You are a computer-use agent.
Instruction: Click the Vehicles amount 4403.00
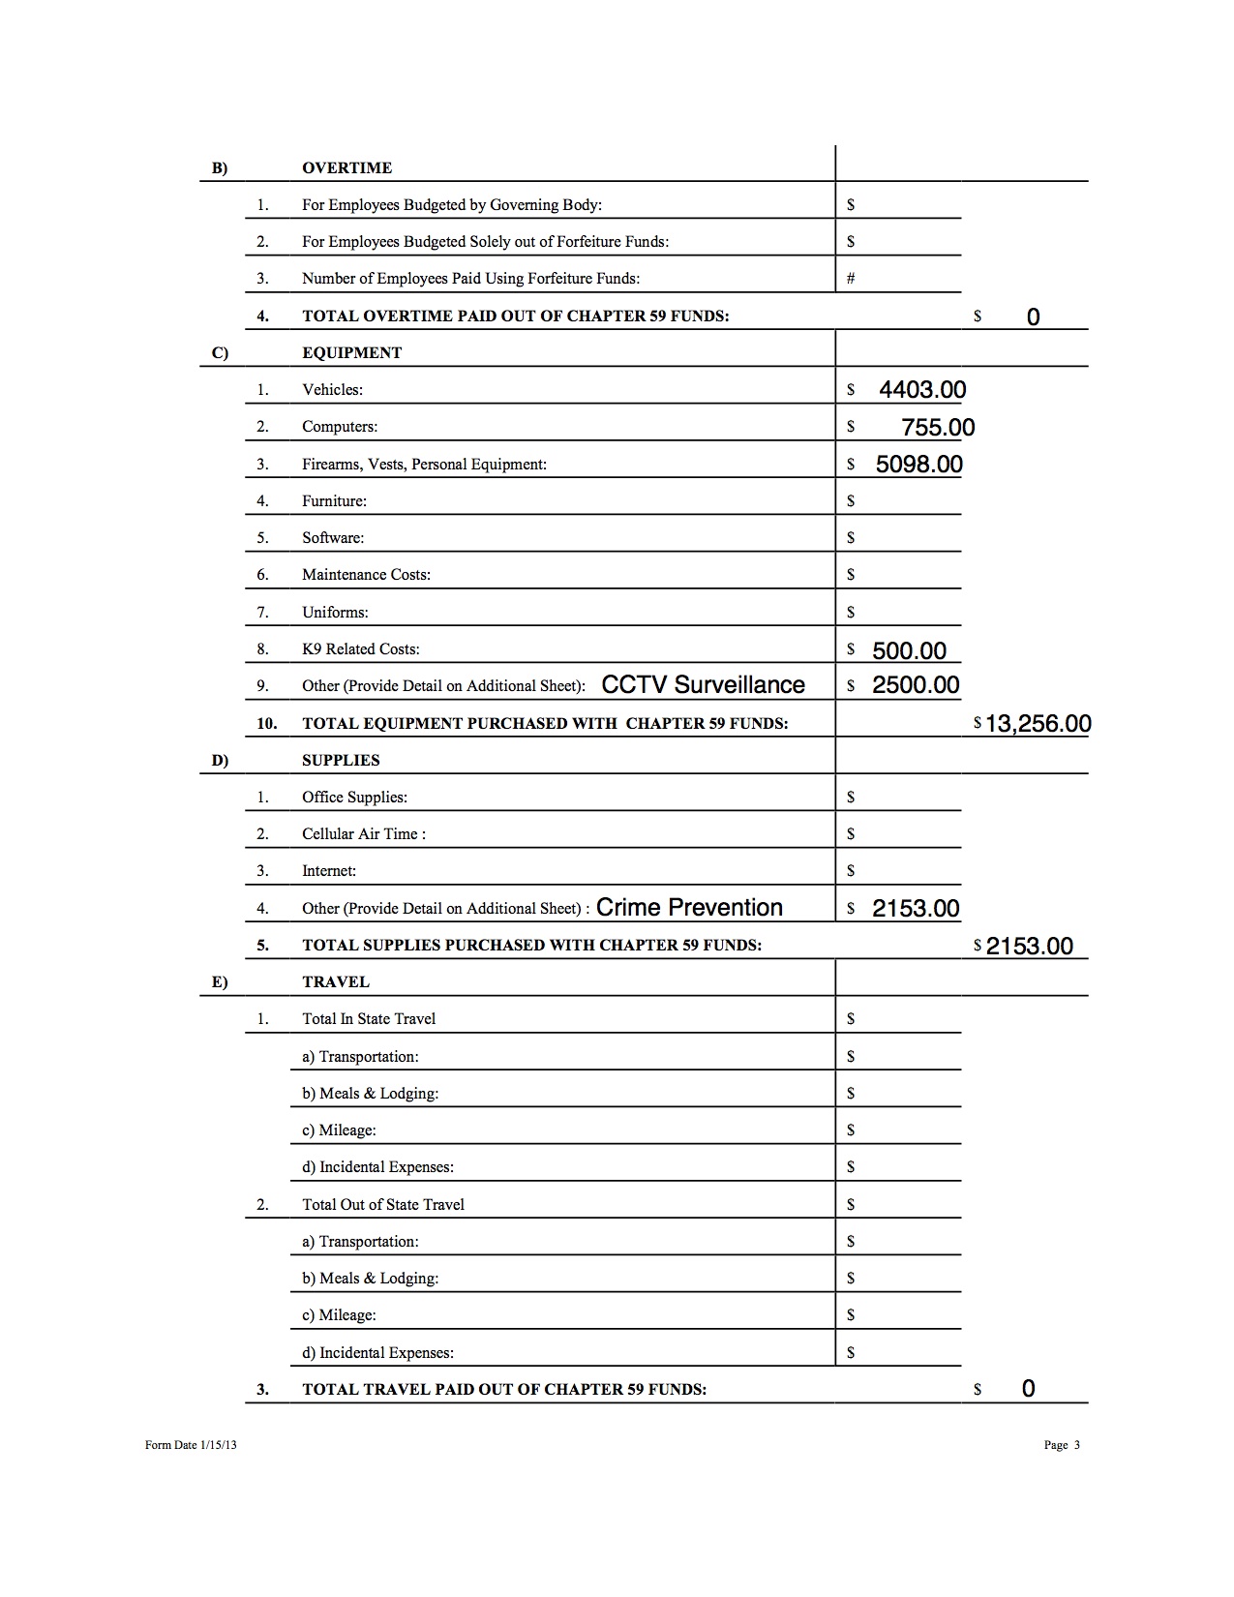point(921,390)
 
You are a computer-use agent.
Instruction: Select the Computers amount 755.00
point(937,428)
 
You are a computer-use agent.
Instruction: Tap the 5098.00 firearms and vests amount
point(918,465)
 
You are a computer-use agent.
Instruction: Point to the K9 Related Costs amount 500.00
point(909,650)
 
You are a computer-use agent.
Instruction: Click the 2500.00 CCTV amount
point(915,685)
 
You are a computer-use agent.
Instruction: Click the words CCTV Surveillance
point(703,685)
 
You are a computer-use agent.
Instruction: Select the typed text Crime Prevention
point(689,908)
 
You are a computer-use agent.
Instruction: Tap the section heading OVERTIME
point(346,168)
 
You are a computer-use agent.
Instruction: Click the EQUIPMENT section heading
point(351,353)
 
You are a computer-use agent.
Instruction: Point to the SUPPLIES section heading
point(341,761)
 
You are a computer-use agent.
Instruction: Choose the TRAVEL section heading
point(335,982)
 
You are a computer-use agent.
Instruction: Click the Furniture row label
point(334,501)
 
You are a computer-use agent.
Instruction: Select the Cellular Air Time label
point(363,834)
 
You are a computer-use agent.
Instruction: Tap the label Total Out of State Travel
point(382,1205)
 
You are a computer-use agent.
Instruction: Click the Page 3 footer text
point(1061,1445)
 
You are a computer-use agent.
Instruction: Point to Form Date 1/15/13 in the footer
point(191,1445)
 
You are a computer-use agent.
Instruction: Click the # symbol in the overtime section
point(851,279)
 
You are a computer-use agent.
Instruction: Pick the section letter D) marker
point(220,761)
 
